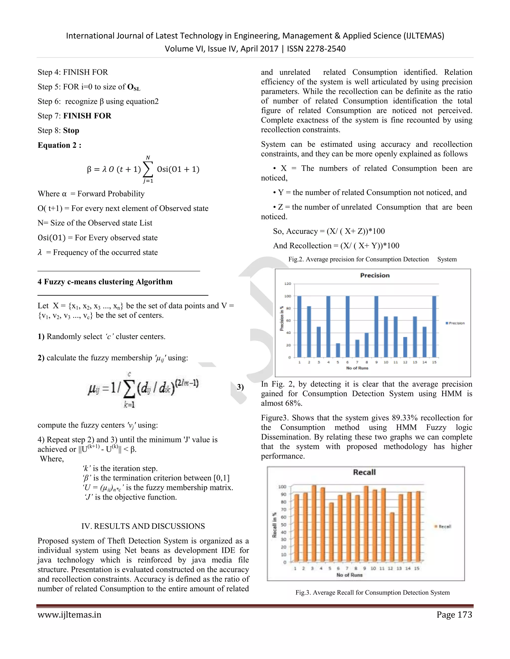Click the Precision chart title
coord(375,275)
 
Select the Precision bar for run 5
coord(338,350)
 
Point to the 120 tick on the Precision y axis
coord(288,284)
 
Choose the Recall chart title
coord(364,472)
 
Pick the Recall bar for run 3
coord(314,523)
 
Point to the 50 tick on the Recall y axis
coord(283,525)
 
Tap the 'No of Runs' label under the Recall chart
coord(349,575)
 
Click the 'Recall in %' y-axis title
coord(274,525)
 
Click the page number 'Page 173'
coord(454,615)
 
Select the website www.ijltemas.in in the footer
coord(69,615)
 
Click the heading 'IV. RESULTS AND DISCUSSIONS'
coord(143,526)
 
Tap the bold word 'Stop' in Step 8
coord(71,130)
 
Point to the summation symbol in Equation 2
coord(148,170)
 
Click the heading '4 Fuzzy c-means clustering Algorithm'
coord(105,282)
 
